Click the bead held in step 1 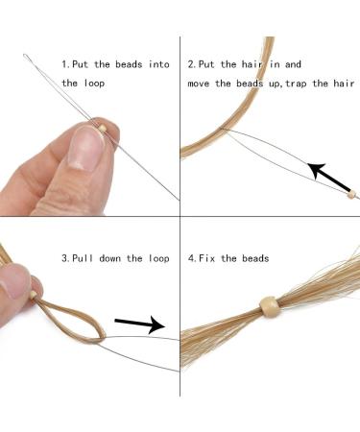click(x=102, y=129)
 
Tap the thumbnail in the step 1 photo click(x=85, y=148)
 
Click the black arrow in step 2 click(x=329, y=176)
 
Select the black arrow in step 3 click(x=140, y=324)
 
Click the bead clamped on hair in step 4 click(x=268, y=306)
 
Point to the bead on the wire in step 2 click(x=351, y=194)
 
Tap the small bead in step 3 click(x=33, y=296)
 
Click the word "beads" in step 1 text click(x=129, y=64)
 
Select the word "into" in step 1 click(x=158, y=64)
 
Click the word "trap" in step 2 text click(x=296, y=84)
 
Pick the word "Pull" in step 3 click(x=83, y=258)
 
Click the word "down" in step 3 click(x=109, y=258)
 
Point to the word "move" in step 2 click(x=199, y=84)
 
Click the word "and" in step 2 click(x=293, y=64)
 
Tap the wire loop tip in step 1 click(x=25, y=56)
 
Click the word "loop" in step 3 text click(x=158, y=258)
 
